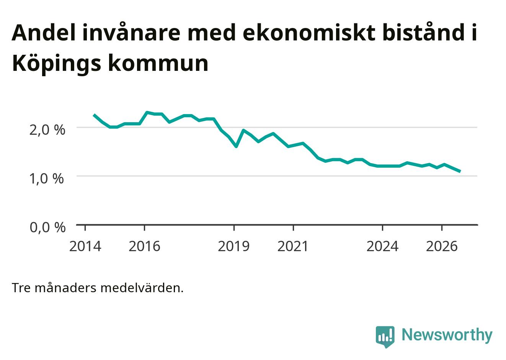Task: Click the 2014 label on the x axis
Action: pyautogui.click(x=85, y=247)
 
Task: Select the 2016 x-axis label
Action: pyautogui.click(x=145, y=247)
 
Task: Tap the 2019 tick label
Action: pyautogui.click(x=234, y=247)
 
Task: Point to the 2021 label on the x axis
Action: pyautogui.click(x=293, y=247)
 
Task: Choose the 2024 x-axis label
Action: pyautogui.click(x=382, y=247)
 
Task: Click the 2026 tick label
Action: pyautogui.click(x=442, y=247)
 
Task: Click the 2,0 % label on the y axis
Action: pyautogui.click(x=47, y=130)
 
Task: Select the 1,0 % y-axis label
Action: pyautogui.click(x=47, y=179)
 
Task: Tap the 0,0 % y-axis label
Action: pyautogui.click(x=48, y=227)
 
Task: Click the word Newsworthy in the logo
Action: pyautogui.click(x=447, y=335)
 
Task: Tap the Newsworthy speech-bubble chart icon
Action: pyautogui.click(x=385, y=337)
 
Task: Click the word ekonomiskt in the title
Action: pyautogui.click(x=309, y=33)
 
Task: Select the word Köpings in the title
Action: pyautogui.click(x=57, y=64)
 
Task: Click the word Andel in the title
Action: pyautogui.click(x=44, y=33)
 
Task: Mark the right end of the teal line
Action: pyautogui.click(x=460, y=172)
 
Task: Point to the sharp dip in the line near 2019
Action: pyautogui.click(x=236, y=146)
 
